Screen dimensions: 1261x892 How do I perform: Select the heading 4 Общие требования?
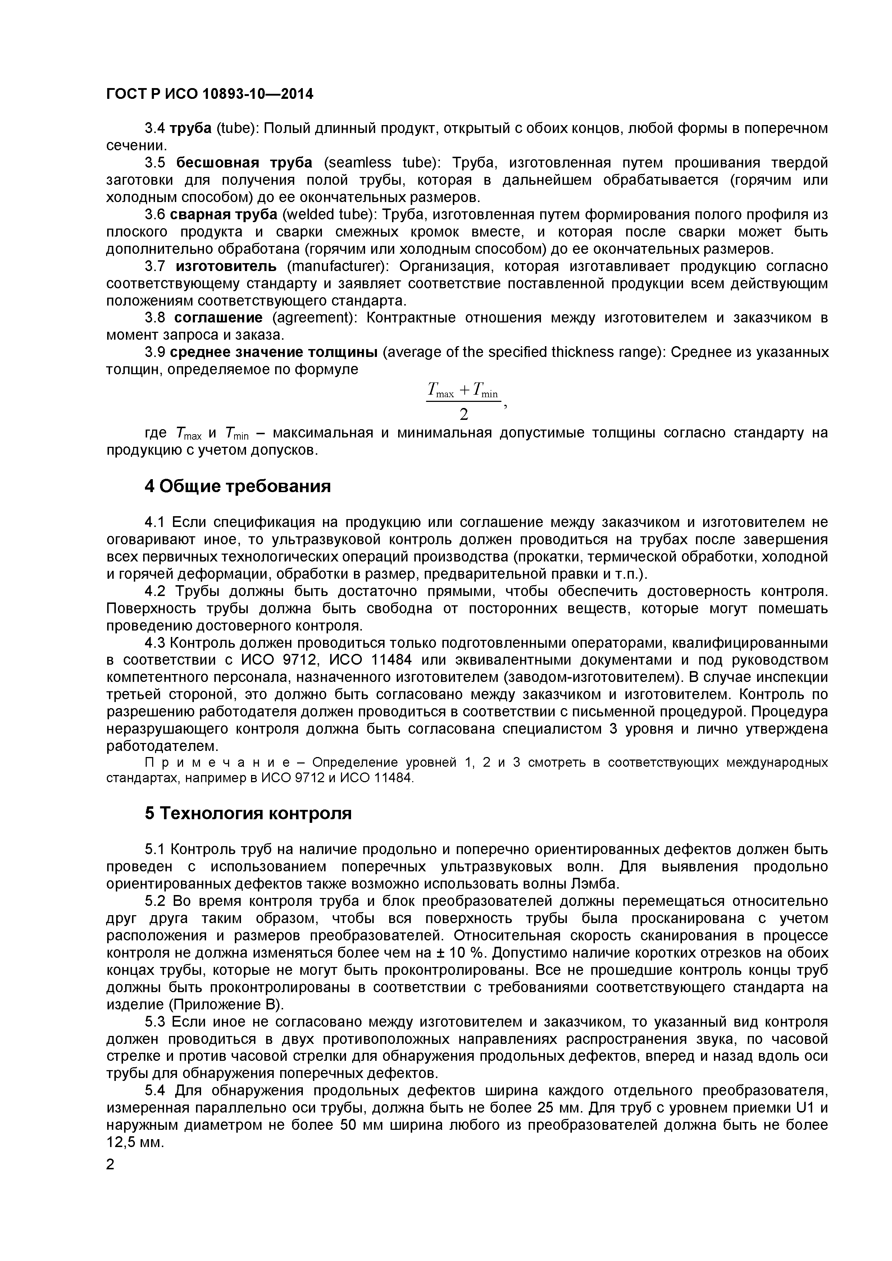(237, 486)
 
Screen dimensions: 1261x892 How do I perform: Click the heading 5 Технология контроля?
(248, 813)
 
